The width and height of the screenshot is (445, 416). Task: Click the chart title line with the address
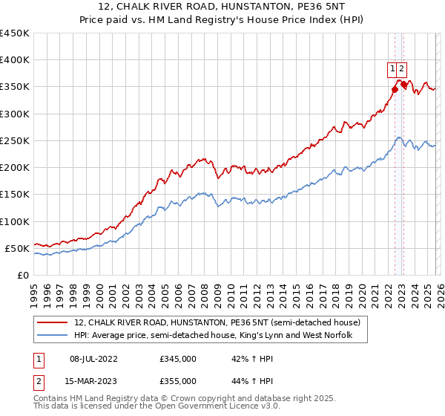pyautogui.click(x=222, y=7)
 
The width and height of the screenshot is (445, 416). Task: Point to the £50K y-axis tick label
pyautogui.click(x=17, y=248)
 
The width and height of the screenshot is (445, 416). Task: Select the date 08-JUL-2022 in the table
pyautogui.click(x=93, y=359)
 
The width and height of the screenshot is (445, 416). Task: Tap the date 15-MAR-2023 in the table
pyautogui.click(x=93, y=381)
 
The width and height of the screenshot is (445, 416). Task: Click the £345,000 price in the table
pyautogui.click(x=178, y=359)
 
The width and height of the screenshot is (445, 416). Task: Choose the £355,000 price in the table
pyautogui.click(x=178, y=381)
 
